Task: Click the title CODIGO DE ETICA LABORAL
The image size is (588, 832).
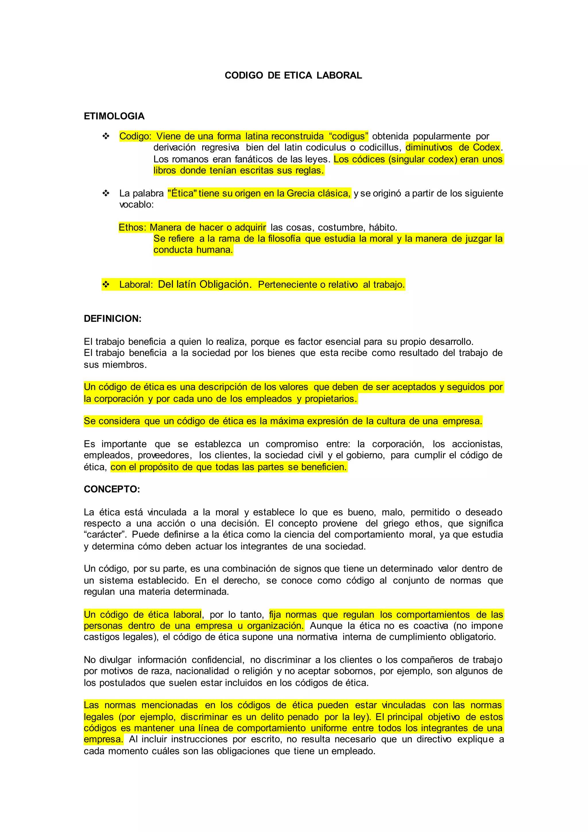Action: tap(293, 75)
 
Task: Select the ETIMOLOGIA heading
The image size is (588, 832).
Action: tap(114, 116)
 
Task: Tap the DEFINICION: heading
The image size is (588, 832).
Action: tap(113, 319)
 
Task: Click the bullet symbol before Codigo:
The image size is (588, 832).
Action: tap(106, 136)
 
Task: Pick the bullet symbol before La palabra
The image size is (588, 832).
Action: tap(106, 193)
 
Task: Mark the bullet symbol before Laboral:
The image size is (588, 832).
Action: tap(106, 284)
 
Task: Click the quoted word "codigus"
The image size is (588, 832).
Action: tap(349, 136)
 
